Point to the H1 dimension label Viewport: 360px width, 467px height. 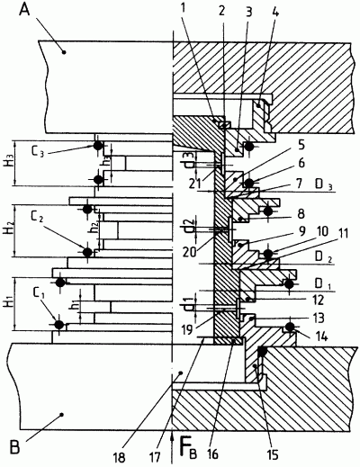coord(7,303)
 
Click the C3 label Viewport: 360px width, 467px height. coord(39,150)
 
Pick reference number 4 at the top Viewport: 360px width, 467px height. coord(275,13)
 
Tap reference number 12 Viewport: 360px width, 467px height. coord(317,300)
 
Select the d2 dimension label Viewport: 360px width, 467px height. coord(187,223)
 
